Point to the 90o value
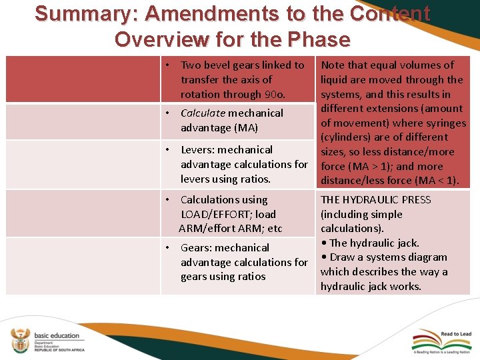[x=275, y=95]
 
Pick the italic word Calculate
[x=203, y=113]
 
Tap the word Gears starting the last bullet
[x=197, y=248]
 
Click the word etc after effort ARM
[x=274, y=229]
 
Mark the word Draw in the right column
[x=342, y=257]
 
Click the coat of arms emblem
[x=19, y=340]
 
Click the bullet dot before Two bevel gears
[x=170, y=65]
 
